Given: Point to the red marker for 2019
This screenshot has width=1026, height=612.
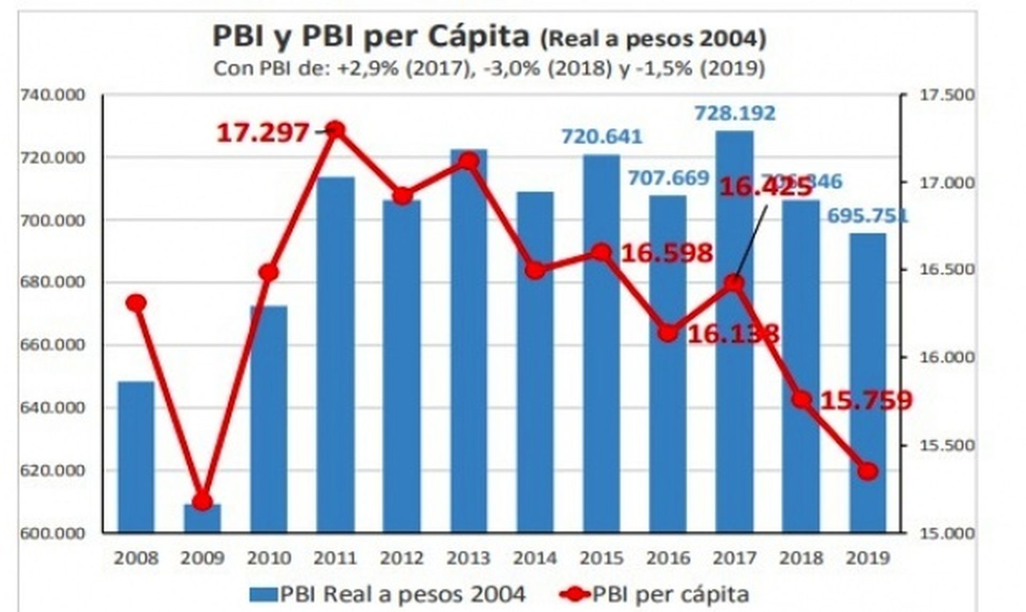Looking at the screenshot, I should click(868, 471).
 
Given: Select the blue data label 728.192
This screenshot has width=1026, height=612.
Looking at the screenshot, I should click(734, 113).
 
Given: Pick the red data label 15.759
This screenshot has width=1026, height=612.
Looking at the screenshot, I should click(866, 400).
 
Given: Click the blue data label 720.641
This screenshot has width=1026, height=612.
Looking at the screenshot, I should click(601, 137).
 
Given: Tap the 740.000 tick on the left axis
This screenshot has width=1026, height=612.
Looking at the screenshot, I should click(52, 95).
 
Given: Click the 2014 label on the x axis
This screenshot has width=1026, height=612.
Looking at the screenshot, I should click(535, 558).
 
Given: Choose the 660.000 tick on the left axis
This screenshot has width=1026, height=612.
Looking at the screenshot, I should click(52, 345).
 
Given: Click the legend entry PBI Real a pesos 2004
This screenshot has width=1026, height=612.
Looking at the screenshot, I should click(388, 594).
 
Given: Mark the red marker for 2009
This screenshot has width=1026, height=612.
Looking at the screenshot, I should click(202, 501).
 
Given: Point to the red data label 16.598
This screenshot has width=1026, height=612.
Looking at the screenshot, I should click(667, 253).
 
